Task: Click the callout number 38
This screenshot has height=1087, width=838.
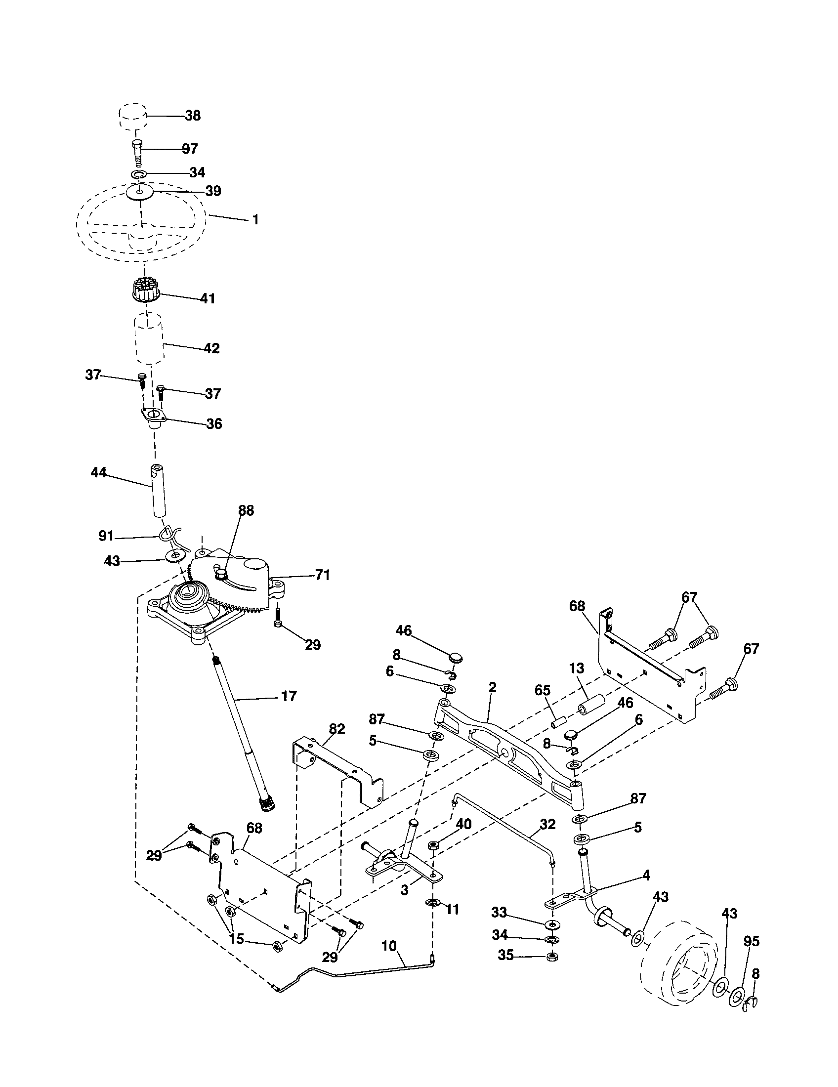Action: [193, 116]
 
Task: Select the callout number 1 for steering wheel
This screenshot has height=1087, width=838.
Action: [255, 219]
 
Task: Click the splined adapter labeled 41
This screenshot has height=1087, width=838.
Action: [143, 291]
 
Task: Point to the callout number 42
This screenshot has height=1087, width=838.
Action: [211, 348]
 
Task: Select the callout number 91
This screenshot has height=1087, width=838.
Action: [107, 537]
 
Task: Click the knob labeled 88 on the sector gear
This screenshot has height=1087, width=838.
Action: [219, 575]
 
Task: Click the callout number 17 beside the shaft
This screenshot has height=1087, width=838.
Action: [289, 696]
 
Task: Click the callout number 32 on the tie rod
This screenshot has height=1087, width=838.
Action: [547, 824]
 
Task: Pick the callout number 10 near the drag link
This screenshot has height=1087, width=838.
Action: [390, 945]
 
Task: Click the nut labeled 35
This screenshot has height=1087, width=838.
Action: [551, 957]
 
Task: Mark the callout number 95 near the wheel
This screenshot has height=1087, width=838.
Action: [752, 941]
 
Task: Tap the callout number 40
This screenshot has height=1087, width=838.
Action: [463, 824]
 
